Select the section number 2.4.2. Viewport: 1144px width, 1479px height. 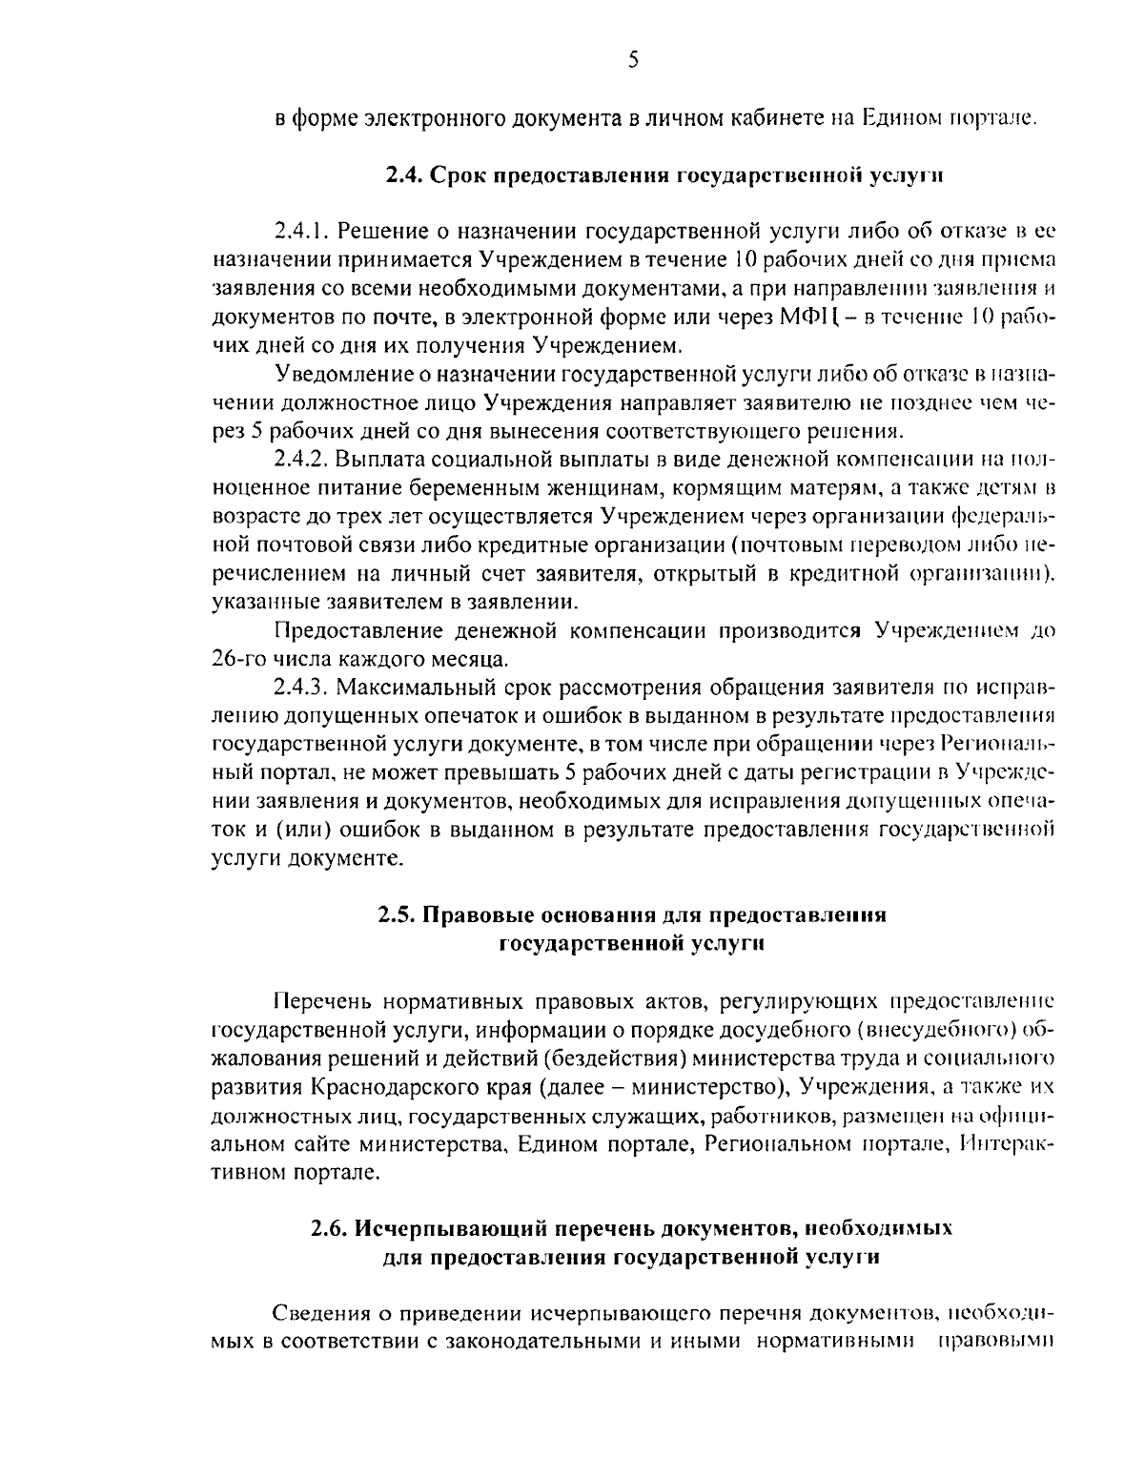302,460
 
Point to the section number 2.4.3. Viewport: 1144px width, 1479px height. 302,687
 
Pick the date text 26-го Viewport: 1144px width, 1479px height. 238,658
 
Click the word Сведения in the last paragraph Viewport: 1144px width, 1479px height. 319,1313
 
